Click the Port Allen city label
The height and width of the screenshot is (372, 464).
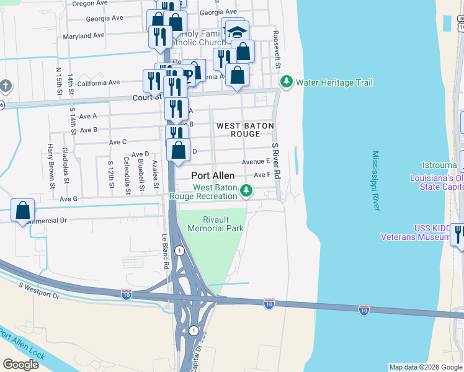tap(213, 175)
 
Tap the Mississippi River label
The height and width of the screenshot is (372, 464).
tap(375, 180)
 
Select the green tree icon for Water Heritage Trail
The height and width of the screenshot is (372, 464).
tap(286, 82)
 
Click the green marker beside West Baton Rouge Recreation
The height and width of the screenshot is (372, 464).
tap(247, 191)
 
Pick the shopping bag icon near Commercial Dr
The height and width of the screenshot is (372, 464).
tap(22, 210)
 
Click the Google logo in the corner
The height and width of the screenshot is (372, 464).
tap(20, 364)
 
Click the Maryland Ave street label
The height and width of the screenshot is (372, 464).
tap(84, 35)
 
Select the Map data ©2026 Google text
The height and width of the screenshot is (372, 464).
tap(426, 367)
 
